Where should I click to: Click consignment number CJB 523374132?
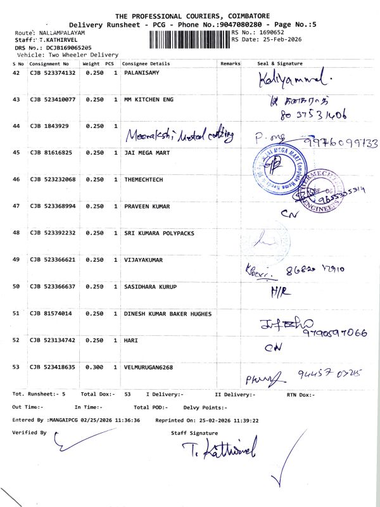[x=53, y=74]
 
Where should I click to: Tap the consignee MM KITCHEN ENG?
[x=149, y=100]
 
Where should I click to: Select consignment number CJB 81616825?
[x=51, y=153]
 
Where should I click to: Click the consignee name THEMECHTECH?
[x=144, y=180]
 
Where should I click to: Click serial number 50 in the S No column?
[x=17, y=287]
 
